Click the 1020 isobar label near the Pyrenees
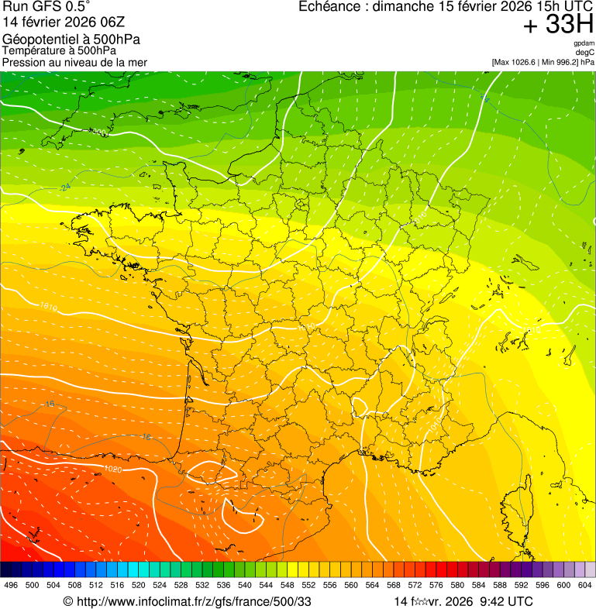click(x=112, y=470)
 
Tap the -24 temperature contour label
click(x=65, y=188)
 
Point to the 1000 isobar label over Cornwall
click(x=99, y=132)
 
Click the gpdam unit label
click(x=584, y=43)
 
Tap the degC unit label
click(x=585, y=53)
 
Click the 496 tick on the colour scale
click(x=11, y=586)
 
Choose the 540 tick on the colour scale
click(x=245, y=586)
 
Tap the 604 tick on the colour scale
click(x=585, y=586)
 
